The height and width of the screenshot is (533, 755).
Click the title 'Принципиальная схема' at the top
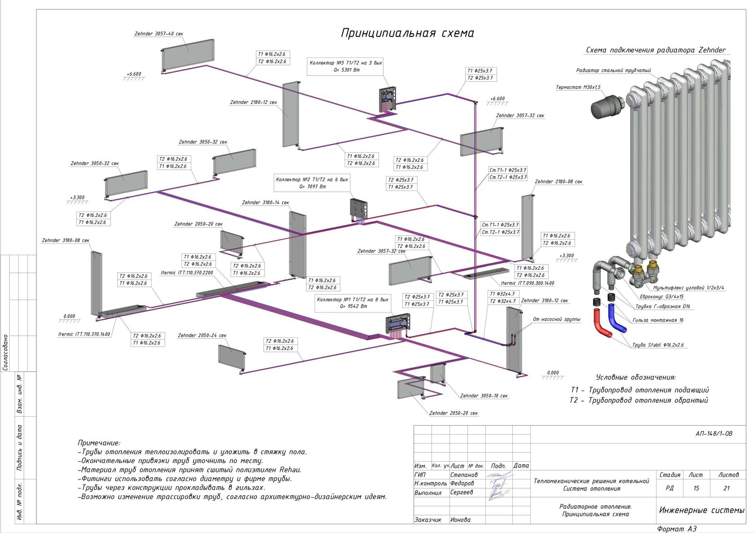(x=407, y=33)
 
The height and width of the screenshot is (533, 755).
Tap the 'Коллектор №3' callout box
(x=346, y=66)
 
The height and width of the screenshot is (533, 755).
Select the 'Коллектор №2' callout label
(x=312, y=183)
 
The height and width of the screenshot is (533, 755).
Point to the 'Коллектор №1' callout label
(x=353, y=303)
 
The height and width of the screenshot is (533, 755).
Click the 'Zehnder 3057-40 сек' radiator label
(x=158, y=34)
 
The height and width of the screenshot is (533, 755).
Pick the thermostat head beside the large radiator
(x=608, y=106)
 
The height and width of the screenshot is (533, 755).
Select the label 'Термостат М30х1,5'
(x=578, y=88)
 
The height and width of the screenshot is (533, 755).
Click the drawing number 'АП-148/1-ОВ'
(x=714, y=433)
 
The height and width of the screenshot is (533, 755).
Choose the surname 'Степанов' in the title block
(x=464, y=475)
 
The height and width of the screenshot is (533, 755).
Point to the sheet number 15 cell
(x=697, y=488)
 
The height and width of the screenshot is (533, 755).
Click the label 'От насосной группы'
(x=556, y=319)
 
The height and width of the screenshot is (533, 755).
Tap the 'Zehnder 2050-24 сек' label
(x=202, y=335)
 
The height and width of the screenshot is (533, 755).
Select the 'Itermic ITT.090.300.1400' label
(x=528, y=283)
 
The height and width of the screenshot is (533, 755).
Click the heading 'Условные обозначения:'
(x=635, y=378)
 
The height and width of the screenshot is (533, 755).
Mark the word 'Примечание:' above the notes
(x=99, y=443)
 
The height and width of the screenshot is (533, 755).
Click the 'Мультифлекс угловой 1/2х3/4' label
(x=688, y=288)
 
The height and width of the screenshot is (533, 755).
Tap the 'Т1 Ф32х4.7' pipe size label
(x=502, y=294)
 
